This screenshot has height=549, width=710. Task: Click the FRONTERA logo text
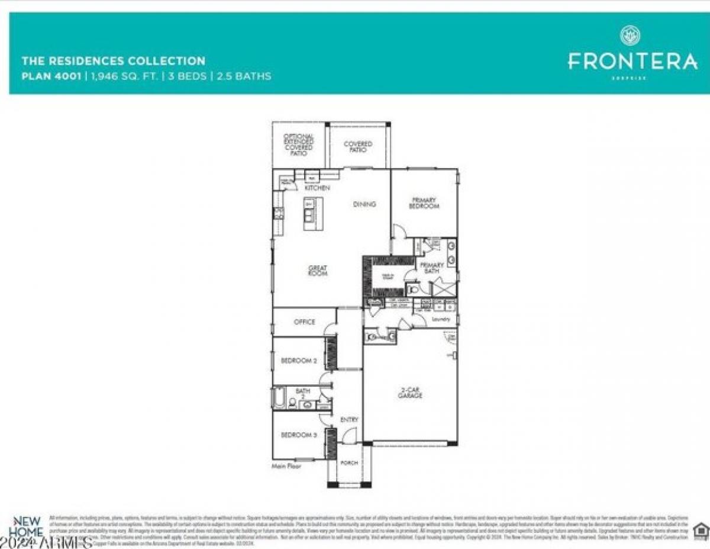point(632,61)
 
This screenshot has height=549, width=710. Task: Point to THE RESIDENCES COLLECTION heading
point(114,60)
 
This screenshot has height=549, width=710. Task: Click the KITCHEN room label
point(317,188)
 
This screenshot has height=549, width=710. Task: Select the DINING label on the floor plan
point(364,204)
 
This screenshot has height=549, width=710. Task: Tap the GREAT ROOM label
point(318,271)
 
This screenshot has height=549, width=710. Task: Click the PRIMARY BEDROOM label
point(424,203)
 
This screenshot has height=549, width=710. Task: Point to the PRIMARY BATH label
point(432,268)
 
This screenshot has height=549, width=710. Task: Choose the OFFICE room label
point(305,322)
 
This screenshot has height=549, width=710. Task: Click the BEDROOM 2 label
point(299,360)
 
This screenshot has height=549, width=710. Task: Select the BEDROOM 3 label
point(299,435)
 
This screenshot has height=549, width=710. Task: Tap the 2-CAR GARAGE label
point(409,392)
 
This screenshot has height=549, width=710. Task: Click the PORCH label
point(349,463)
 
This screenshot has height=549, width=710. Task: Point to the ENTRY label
point(349,420)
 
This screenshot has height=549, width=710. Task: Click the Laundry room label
point(441,319)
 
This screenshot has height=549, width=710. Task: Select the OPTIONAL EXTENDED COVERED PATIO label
point(298,145)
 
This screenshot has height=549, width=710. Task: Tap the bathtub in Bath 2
point(279,398)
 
